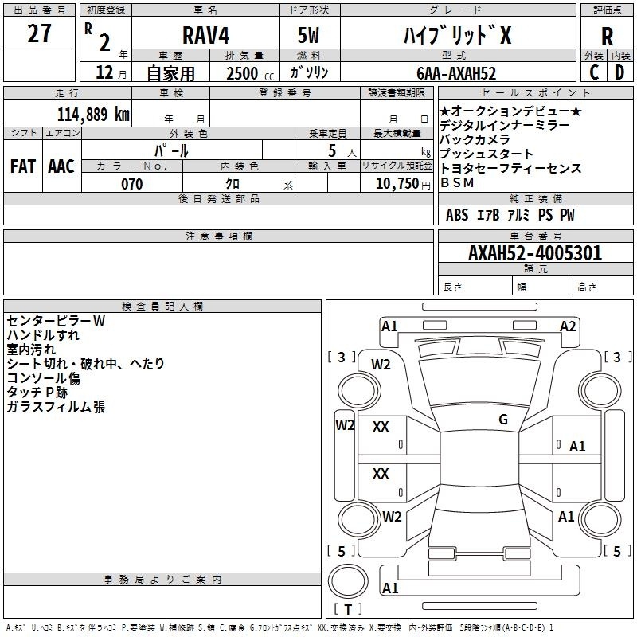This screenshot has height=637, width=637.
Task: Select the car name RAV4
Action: click(x=204, y=37)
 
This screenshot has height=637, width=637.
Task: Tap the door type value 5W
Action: click(x=310, y=37)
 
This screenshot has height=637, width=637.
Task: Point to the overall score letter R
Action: click(x=608, y=37)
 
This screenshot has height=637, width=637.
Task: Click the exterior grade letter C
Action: click(x=594, y=72)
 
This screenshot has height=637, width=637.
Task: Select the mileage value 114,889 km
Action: click(x=93, y=114)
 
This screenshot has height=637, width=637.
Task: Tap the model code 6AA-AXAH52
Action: click(x=457, y=73)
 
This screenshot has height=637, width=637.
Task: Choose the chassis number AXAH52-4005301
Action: click(x=535, y=253)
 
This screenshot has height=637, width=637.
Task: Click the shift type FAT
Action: click(x=22, y=166)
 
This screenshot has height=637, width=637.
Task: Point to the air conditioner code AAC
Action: click(x=61, y=166)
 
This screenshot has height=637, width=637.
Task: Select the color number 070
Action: click(x=131, y=184)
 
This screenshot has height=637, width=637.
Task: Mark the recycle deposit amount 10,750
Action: click(x=397, y=184)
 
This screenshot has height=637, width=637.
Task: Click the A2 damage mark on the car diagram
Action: click(x=568, y=326)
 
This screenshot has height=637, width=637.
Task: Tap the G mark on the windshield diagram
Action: click(x=503, y=420)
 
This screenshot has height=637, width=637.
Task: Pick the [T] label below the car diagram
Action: click(x=348, y=609)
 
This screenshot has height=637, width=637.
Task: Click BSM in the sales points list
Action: click(x=457, y=182)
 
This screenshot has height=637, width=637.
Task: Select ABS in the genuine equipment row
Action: click(x=457, y=215)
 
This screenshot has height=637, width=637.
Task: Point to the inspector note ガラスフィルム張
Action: click(x=56, y=407)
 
